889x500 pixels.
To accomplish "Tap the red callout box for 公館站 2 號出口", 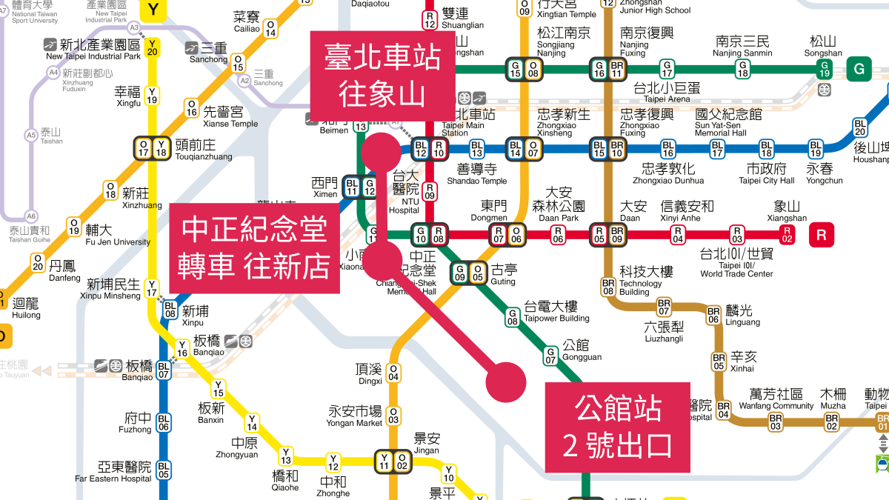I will click(x=618, y=427).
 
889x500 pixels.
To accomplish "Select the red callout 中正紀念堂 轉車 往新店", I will click(x=256, y=248).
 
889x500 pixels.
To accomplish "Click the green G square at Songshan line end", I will click(x=859, y=69).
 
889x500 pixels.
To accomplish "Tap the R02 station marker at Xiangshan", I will click(x=787, y=236).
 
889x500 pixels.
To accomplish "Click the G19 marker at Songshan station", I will click(x=823, y=69).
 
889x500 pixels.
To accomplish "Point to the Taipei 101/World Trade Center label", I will click(x=736, y=264).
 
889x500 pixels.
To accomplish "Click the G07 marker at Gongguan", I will click(x=550, y=356).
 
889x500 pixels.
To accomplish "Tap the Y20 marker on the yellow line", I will click(x=153, y=47).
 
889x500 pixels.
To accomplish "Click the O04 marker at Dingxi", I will click(x=393, y=372).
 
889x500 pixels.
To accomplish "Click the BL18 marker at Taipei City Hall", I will click(x=766, y=149).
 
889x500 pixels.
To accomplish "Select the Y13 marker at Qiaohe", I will click(x=286, y=456).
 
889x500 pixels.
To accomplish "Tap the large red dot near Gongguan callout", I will click(x=506, y=383).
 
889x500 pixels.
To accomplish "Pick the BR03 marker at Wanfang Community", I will click(x=776, y=422).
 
